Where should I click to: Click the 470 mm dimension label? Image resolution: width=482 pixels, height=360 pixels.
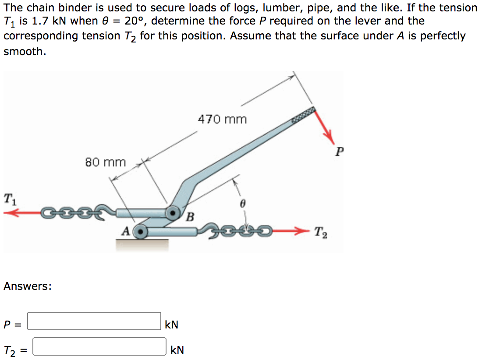click(222, 119)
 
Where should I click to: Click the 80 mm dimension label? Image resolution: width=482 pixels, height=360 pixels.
click(105, 162)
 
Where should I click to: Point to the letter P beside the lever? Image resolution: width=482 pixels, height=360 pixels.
click(340, 152)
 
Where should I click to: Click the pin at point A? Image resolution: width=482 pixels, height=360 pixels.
click(140, 231)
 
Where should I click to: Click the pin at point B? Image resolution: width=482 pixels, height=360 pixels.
click(173, 213)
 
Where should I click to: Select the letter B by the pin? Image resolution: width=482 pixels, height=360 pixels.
click(190, 216)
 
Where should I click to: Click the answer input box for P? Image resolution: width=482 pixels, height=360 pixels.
click(94, 321)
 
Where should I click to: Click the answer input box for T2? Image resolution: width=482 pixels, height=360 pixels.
click(99, 346)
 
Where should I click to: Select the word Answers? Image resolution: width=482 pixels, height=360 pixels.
click(27, 286)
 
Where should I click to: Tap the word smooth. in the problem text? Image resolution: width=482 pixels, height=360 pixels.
click(25, 51)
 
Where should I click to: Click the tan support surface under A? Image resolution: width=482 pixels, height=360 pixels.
click(142, 244)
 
